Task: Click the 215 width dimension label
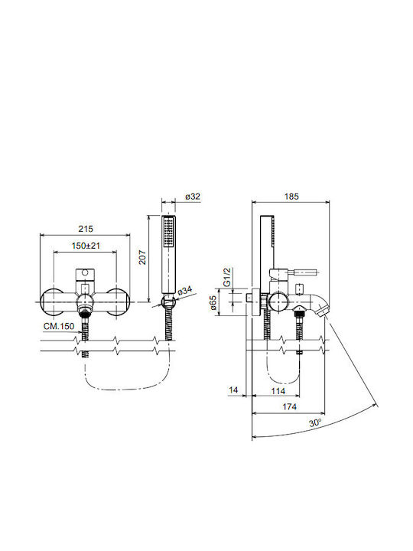coord(86,229)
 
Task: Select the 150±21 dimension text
coord(86,246)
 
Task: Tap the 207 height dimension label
coord(142,257)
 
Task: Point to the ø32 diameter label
coord(193,197)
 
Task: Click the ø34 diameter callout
coord(185,291)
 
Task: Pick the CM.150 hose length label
coord(59,327)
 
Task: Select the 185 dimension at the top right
coord(291,197)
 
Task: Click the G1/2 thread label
coord(227,277)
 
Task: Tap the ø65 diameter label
coord(213,302)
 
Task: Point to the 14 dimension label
coord(233,390)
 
